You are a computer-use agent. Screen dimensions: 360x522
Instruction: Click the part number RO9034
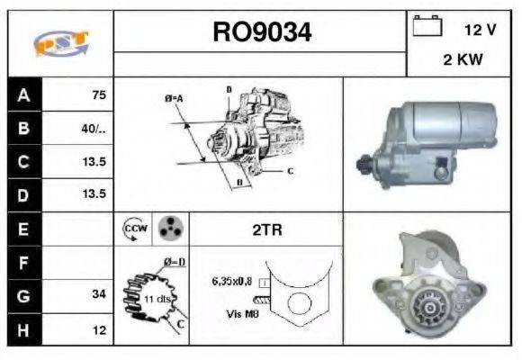[262, 33]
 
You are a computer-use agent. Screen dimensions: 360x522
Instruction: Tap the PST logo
[61, 43]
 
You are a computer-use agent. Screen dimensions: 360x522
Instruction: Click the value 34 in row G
[99, 293]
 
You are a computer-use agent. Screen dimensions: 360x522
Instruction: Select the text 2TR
[267, 229]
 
